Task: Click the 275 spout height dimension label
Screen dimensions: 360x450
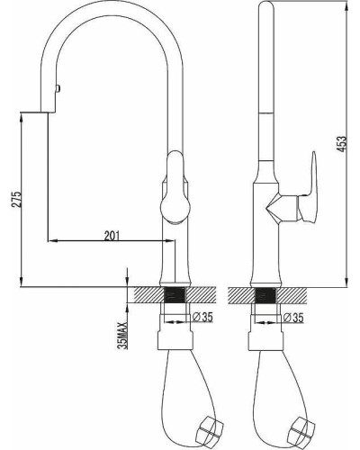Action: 17,199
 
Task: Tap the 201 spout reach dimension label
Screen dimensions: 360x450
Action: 112,236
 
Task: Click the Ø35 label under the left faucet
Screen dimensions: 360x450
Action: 202,317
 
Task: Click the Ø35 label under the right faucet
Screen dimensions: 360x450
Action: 293,317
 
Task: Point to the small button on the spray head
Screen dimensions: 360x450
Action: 58,88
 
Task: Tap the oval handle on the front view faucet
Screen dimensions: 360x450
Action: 175,187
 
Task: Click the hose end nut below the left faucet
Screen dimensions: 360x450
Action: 211,427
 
